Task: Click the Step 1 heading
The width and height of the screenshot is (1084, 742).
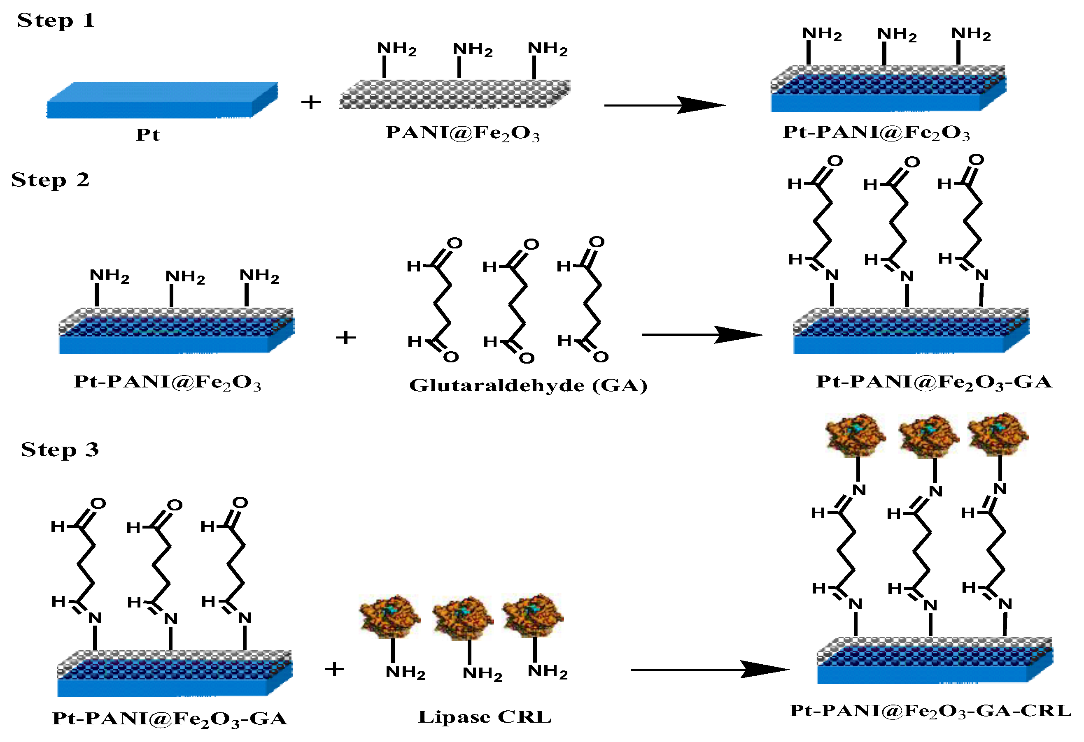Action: point(56,21)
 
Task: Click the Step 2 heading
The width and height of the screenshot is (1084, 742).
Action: point(50,180)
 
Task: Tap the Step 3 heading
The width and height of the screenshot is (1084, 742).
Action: point(60,450)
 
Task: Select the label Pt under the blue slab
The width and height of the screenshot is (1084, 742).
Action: point(147,134)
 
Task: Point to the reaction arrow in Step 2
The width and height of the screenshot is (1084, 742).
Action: point(702,335)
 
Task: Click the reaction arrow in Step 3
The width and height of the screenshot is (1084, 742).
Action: point(709,670)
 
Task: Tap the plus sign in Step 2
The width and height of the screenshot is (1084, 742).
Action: point(346,337)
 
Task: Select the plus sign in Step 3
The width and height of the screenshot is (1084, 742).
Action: point(334,669)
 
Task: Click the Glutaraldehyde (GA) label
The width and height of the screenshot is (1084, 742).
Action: point(528,385)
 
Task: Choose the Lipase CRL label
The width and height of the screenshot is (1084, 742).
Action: point(484,717)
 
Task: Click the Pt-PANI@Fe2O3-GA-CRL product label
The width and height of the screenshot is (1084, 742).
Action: point(930,711)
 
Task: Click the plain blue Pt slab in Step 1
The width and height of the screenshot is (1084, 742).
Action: point(162,101)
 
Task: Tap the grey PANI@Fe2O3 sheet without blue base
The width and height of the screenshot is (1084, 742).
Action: point(455,95)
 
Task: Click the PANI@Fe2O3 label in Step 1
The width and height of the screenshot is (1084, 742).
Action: point(462,133)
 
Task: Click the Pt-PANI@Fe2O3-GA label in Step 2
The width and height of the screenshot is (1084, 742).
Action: point(934,382)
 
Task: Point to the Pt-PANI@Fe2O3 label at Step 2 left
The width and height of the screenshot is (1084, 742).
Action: point(168,383)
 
